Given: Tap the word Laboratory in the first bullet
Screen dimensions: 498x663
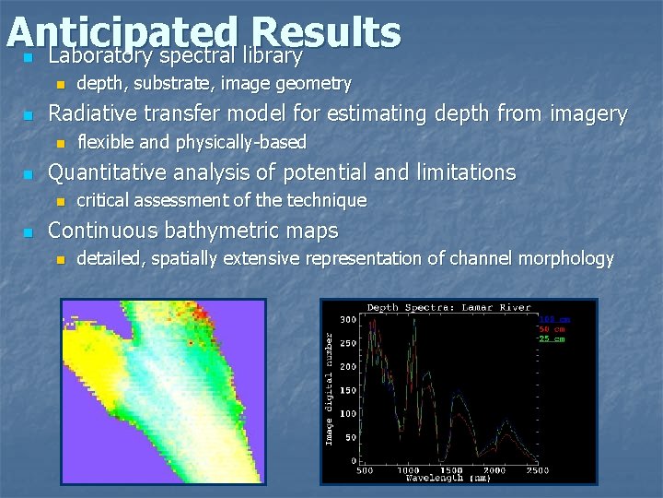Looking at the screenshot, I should (x=96, y=56).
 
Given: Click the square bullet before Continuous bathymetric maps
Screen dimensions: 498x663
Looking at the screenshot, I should (x=28, y=231).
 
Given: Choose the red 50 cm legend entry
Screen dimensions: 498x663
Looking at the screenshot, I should (x=552, y=329).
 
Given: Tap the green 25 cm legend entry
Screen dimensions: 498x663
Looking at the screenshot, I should (x=552, y=338).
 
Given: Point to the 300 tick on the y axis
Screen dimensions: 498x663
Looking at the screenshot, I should (x=348, y=320).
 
